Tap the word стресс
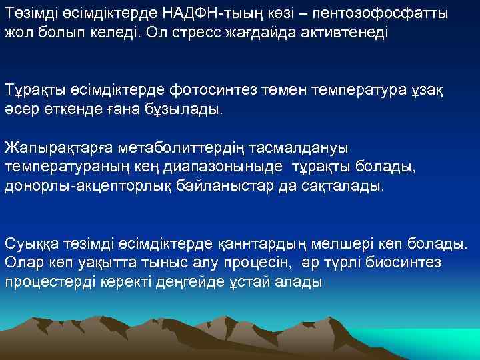pyautogui.click(x=190, y=32)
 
